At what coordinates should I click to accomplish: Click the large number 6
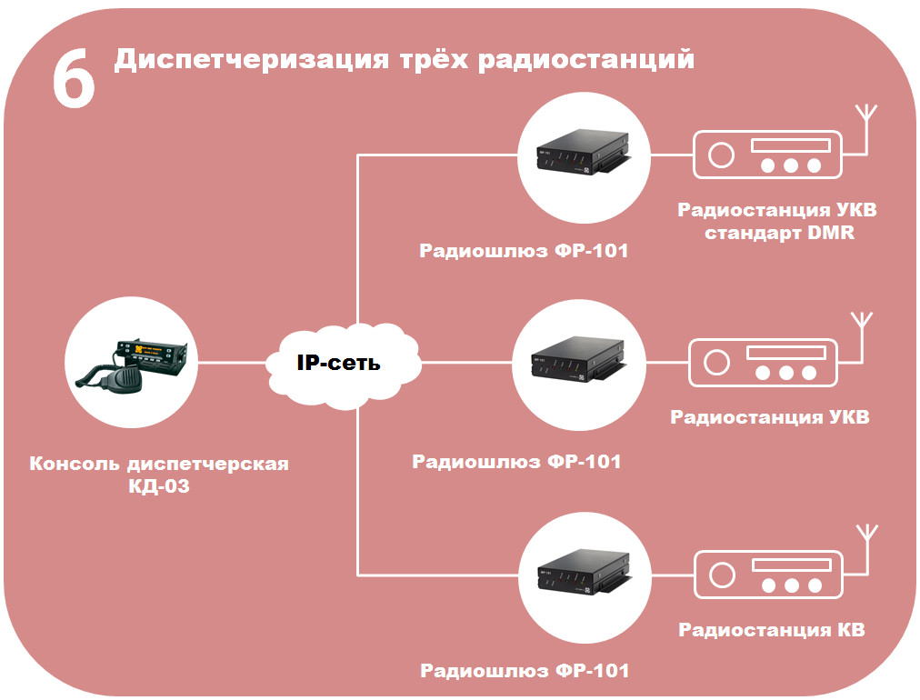[73, 80]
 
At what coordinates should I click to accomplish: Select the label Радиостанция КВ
[772, 630]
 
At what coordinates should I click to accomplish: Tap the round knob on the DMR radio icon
[721, 155]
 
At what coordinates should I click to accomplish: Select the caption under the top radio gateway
[524, 251]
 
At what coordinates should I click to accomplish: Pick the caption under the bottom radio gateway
[524, 672]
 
